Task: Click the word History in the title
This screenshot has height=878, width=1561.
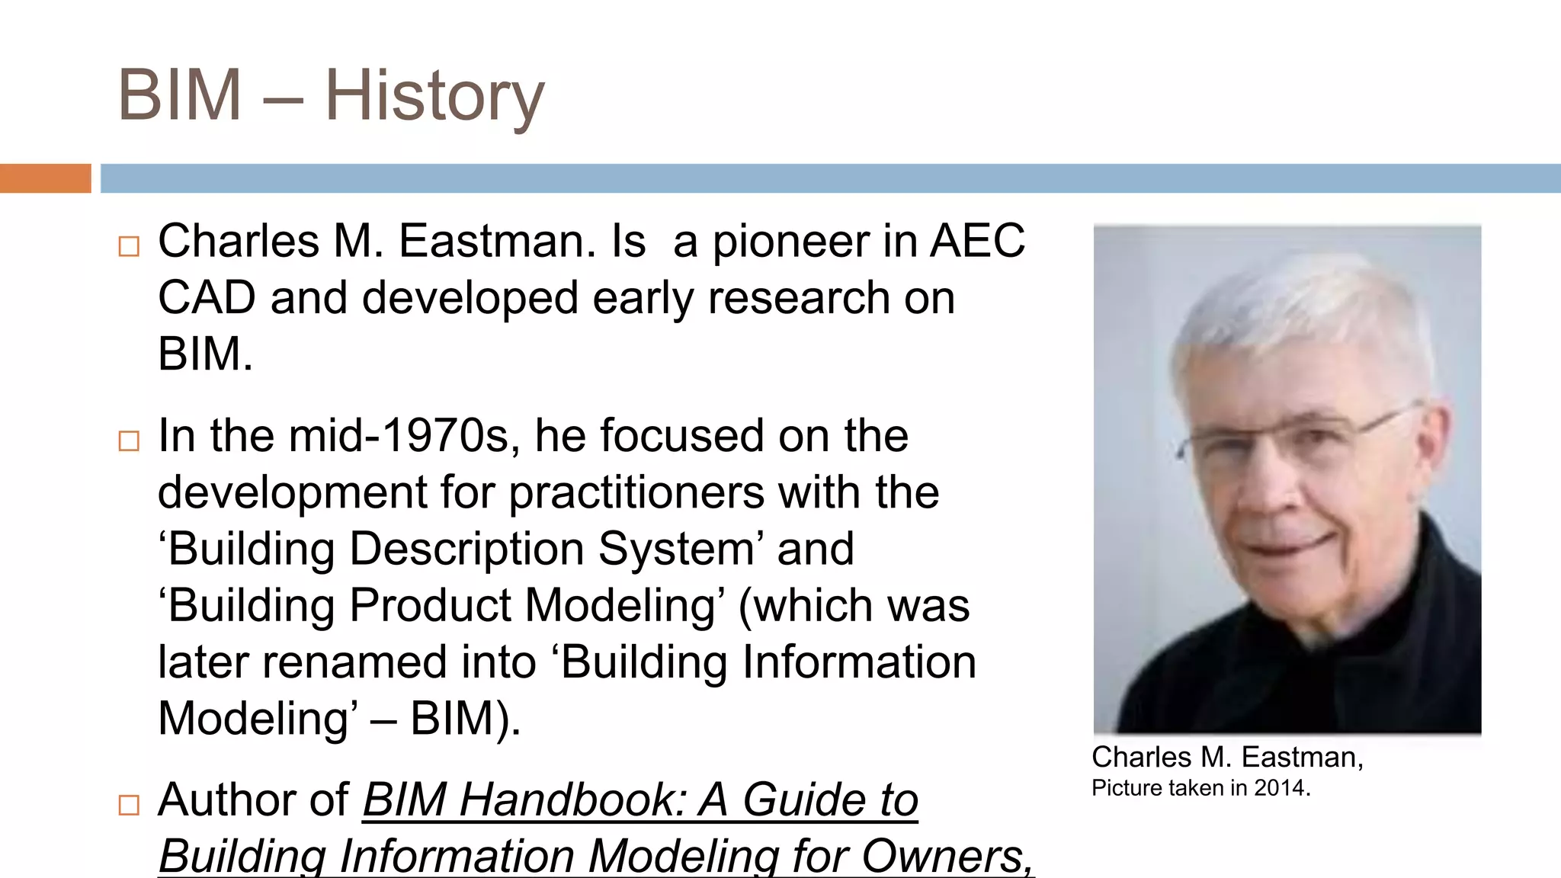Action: (434, 96)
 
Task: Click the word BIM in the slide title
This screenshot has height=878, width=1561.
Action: (180, 96)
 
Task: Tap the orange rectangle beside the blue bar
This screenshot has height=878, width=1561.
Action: (45, 178)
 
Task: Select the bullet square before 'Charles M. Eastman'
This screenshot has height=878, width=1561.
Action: (129, 246)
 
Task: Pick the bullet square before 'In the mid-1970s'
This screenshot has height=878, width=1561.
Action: (129, 441)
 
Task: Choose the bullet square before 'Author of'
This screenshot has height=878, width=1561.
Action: (129, 805)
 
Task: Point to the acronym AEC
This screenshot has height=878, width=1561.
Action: (977, 241)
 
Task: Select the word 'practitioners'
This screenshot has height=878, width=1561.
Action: (636, 493)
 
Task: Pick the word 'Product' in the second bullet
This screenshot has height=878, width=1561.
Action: (430, 606)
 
